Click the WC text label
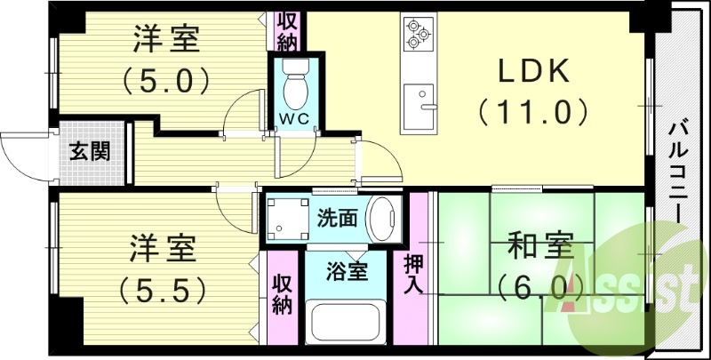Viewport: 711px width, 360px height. click(295, 118)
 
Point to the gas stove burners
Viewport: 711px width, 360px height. click(417, 33)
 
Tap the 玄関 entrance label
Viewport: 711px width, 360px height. click(91, 151)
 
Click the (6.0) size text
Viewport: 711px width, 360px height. click(539, 286)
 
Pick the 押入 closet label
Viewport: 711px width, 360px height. click(414, 274)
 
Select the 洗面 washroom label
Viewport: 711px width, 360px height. click(338, 218)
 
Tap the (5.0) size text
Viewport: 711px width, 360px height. click(166, 82)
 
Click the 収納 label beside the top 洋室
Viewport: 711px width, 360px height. click(286, 31)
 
